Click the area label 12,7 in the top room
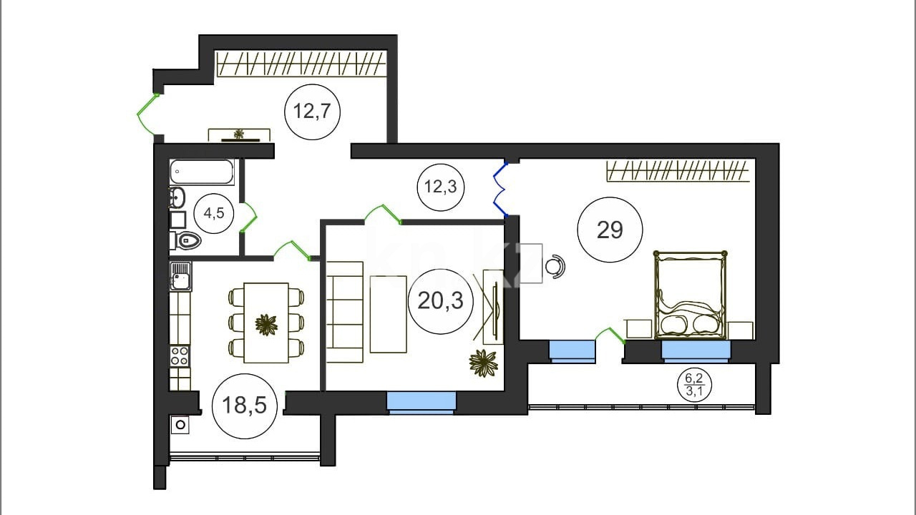(311, 111)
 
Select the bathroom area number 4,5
(214, 213)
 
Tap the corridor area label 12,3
(440, 187)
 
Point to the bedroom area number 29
(610, 230)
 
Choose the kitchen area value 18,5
(244, 406)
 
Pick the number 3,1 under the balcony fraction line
(694, 391)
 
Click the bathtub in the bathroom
(202, 172)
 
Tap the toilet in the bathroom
(185, 240)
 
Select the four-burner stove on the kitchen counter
(180, 356)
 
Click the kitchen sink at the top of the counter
(180, 276)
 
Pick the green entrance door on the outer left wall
(147, 114)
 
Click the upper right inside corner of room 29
(755, 159)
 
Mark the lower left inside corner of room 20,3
(326, 391)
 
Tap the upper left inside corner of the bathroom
(170, 160)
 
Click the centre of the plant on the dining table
(266, 325)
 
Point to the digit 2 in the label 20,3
(424, 300)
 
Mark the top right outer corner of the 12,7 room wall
(397, 35)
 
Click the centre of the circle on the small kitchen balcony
(180, 425)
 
